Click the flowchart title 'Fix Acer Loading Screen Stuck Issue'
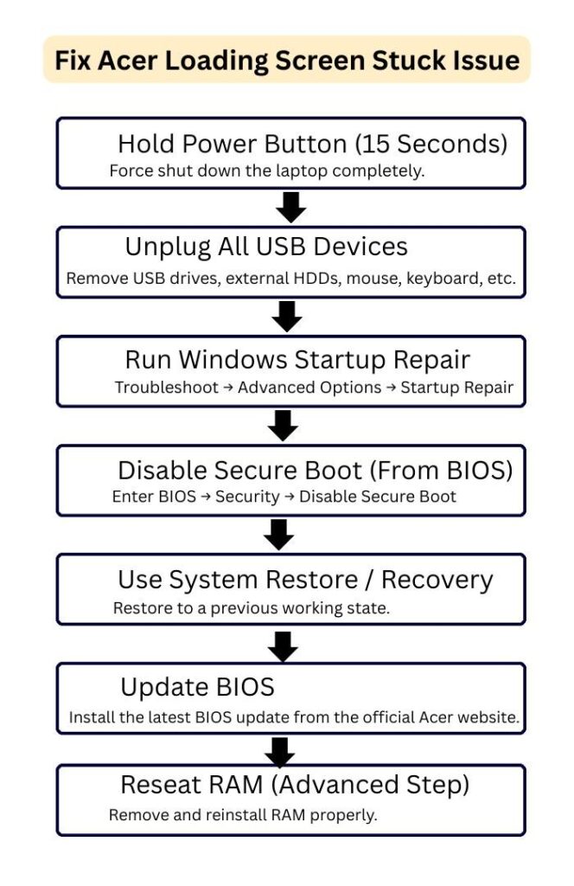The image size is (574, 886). click(287, 60)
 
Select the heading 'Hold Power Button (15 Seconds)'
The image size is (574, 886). click(312, 143)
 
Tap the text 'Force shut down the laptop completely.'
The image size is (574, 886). click(267, 170)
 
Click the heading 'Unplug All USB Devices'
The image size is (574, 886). click(266, 247)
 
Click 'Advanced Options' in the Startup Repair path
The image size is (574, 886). click(309, 388)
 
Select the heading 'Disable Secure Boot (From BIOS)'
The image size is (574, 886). click(316, 470)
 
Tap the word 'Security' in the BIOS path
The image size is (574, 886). click(247, 497)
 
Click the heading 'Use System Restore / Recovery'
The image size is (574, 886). click(305, 580)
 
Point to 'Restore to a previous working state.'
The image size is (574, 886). click(252, 608)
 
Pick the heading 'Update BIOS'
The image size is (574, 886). click(197, 688)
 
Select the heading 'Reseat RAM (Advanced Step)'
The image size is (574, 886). click(295, 785)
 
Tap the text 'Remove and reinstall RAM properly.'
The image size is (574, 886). click(243, 815)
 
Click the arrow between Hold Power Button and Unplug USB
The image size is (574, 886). click(291, 207)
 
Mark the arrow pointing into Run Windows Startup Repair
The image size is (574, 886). click(286, 317)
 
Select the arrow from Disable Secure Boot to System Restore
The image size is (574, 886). click(279, 535)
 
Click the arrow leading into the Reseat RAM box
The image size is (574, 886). click(280, 751)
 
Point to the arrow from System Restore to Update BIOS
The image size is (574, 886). click(283, 645)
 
